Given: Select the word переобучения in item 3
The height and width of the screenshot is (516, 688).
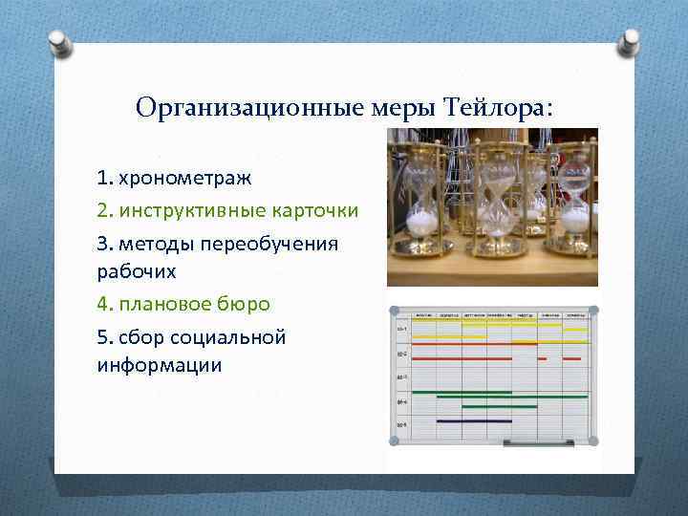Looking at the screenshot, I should point(278,243).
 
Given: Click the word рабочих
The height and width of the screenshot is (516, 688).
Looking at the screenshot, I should point(136,271).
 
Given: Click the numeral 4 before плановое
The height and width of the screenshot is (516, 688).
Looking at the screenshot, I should point(101,304).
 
